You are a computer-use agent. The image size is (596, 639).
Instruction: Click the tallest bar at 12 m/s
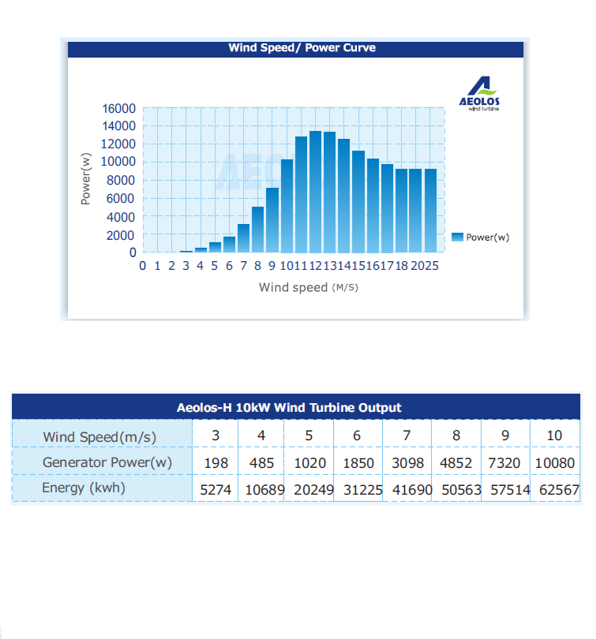(x=315, y=192)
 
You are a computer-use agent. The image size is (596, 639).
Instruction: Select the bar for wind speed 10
(x=287, y=206)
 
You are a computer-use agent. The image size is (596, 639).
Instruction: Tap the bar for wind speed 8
(x=257, y=230)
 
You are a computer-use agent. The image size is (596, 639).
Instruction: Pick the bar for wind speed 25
(x=430, y=211)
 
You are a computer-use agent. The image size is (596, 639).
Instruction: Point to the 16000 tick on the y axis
(x=118, y=108)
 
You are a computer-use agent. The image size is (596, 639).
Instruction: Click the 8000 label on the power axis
(x=121, y=180)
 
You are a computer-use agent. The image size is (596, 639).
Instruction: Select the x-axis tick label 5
(x=215, y=266)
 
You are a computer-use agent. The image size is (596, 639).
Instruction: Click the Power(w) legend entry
(x=481, y=237)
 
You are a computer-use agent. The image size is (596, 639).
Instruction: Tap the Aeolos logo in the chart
(x=479, y=94)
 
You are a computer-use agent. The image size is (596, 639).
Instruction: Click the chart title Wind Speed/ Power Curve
(x=302, y=47)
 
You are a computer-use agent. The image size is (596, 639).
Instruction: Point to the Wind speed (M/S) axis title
(x=309, y=287)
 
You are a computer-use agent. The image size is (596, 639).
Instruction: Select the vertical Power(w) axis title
(x=85, y=178)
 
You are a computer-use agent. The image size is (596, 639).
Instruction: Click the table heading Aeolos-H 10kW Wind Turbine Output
(x=289, y=408)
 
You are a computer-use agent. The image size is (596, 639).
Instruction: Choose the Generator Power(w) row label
(x=107, y=462)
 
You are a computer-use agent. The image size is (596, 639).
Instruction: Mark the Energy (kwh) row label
(x=84, y=488)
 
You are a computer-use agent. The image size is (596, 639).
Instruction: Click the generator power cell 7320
(x=504, y=463)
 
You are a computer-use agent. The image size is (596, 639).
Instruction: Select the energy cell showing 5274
(x=216, y=489)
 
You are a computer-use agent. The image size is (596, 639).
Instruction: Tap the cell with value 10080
(x=555, y=463)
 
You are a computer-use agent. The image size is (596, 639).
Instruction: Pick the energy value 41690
(x=412, y=489)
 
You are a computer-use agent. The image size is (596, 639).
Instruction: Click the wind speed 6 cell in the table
(x=357, y=435)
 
